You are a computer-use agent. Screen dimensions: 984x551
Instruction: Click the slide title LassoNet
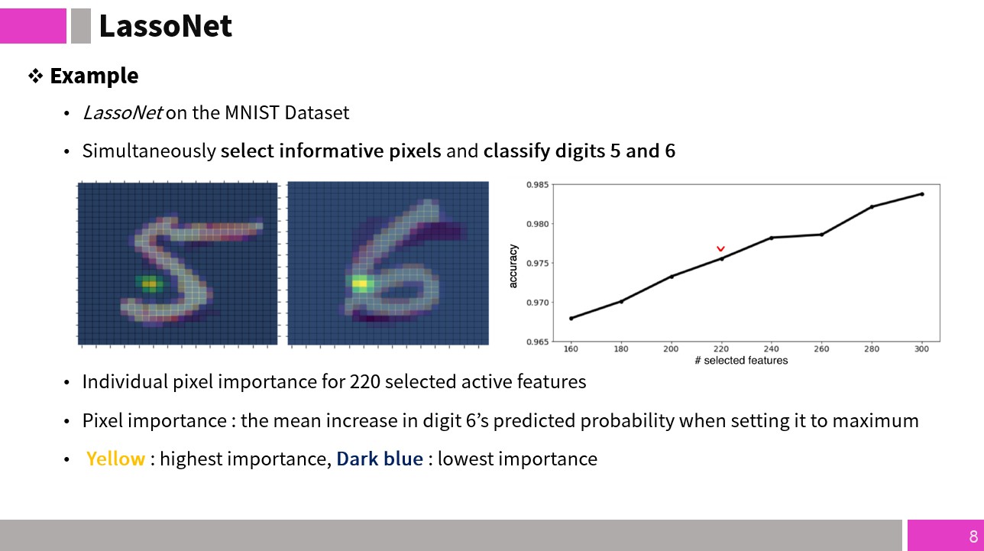166,26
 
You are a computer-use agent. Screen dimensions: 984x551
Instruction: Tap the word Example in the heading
94,76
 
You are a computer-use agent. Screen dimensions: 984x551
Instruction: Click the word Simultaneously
149,151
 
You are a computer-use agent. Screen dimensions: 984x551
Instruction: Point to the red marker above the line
720,248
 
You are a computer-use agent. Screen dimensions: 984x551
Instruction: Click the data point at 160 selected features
571,318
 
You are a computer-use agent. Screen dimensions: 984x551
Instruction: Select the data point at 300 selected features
921,194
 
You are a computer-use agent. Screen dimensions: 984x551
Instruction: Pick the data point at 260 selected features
821,235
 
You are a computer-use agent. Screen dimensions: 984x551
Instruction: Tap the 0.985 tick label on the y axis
537,184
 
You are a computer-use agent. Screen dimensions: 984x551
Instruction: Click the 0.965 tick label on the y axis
537,342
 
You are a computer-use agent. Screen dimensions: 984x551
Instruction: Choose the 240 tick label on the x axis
771,349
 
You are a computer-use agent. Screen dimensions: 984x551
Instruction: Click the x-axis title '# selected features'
741,361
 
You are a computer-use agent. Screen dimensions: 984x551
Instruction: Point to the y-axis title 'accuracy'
513,266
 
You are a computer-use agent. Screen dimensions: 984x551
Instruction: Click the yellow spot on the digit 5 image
150,284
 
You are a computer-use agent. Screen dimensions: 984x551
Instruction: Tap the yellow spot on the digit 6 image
360,284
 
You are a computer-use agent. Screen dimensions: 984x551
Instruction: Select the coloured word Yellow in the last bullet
115,459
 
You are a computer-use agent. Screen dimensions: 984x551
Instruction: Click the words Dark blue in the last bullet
380,459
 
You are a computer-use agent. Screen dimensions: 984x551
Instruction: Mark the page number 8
973,536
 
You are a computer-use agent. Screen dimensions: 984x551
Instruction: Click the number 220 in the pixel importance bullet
364,382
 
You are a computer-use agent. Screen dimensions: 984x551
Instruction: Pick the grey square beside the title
81,26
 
